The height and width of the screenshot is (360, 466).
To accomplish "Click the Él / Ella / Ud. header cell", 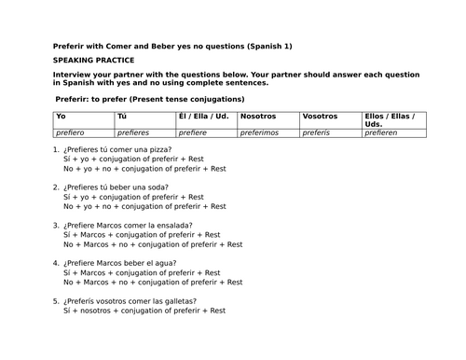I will [203, 117].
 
